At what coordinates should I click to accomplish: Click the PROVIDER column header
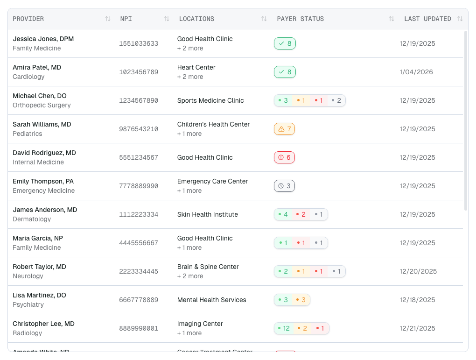[x=28, y=19]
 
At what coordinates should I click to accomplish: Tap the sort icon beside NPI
[x=167, y=19]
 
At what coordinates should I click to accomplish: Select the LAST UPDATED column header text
[x=427, y=19]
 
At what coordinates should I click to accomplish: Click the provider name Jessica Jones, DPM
[x=43, y=39]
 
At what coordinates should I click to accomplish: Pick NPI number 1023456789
[x=139, y=72]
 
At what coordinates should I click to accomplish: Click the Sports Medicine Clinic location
[x=210, y=100]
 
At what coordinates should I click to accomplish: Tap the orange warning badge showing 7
[x=284, y=129]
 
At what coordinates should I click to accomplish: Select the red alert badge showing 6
[x=284, y=157]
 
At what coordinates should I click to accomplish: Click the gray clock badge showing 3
[x=284, y=186]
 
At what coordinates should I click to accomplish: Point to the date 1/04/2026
[x=416, y=72]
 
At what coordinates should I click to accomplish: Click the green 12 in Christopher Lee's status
[x=284, y=328]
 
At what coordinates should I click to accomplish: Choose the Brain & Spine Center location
[x=208, y=267]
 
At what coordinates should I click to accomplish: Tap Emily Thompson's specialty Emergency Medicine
[x=43, y=191]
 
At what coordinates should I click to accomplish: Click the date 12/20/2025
[x=418, y=271]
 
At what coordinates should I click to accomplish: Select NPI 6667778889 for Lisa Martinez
[x=139, y=300]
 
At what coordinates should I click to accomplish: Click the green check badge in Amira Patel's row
[x=285, y=72]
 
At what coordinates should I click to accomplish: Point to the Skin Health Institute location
[x=208, y=214]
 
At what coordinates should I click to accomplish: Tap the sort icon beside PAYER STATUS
[x=392, y=19]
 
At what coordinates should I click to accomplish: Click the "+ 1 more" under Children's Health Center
[x=189, y=134]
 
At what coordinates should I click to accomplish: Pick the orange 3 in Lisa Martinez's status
[x=301, y=300]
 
